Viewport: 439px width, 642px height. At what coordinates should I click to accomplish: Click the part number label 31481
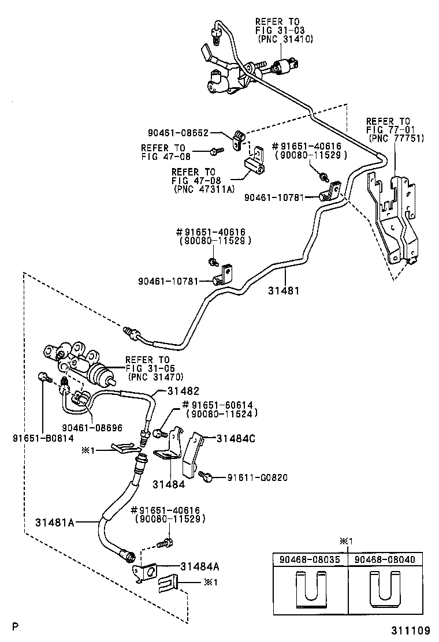tap(284, 290)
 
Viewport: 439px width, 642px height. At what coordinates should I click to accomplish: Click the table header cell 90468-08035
tap(310, 559)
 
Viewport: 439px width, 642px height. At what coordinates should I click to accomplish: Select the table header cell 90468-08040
tap(385, 559)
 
